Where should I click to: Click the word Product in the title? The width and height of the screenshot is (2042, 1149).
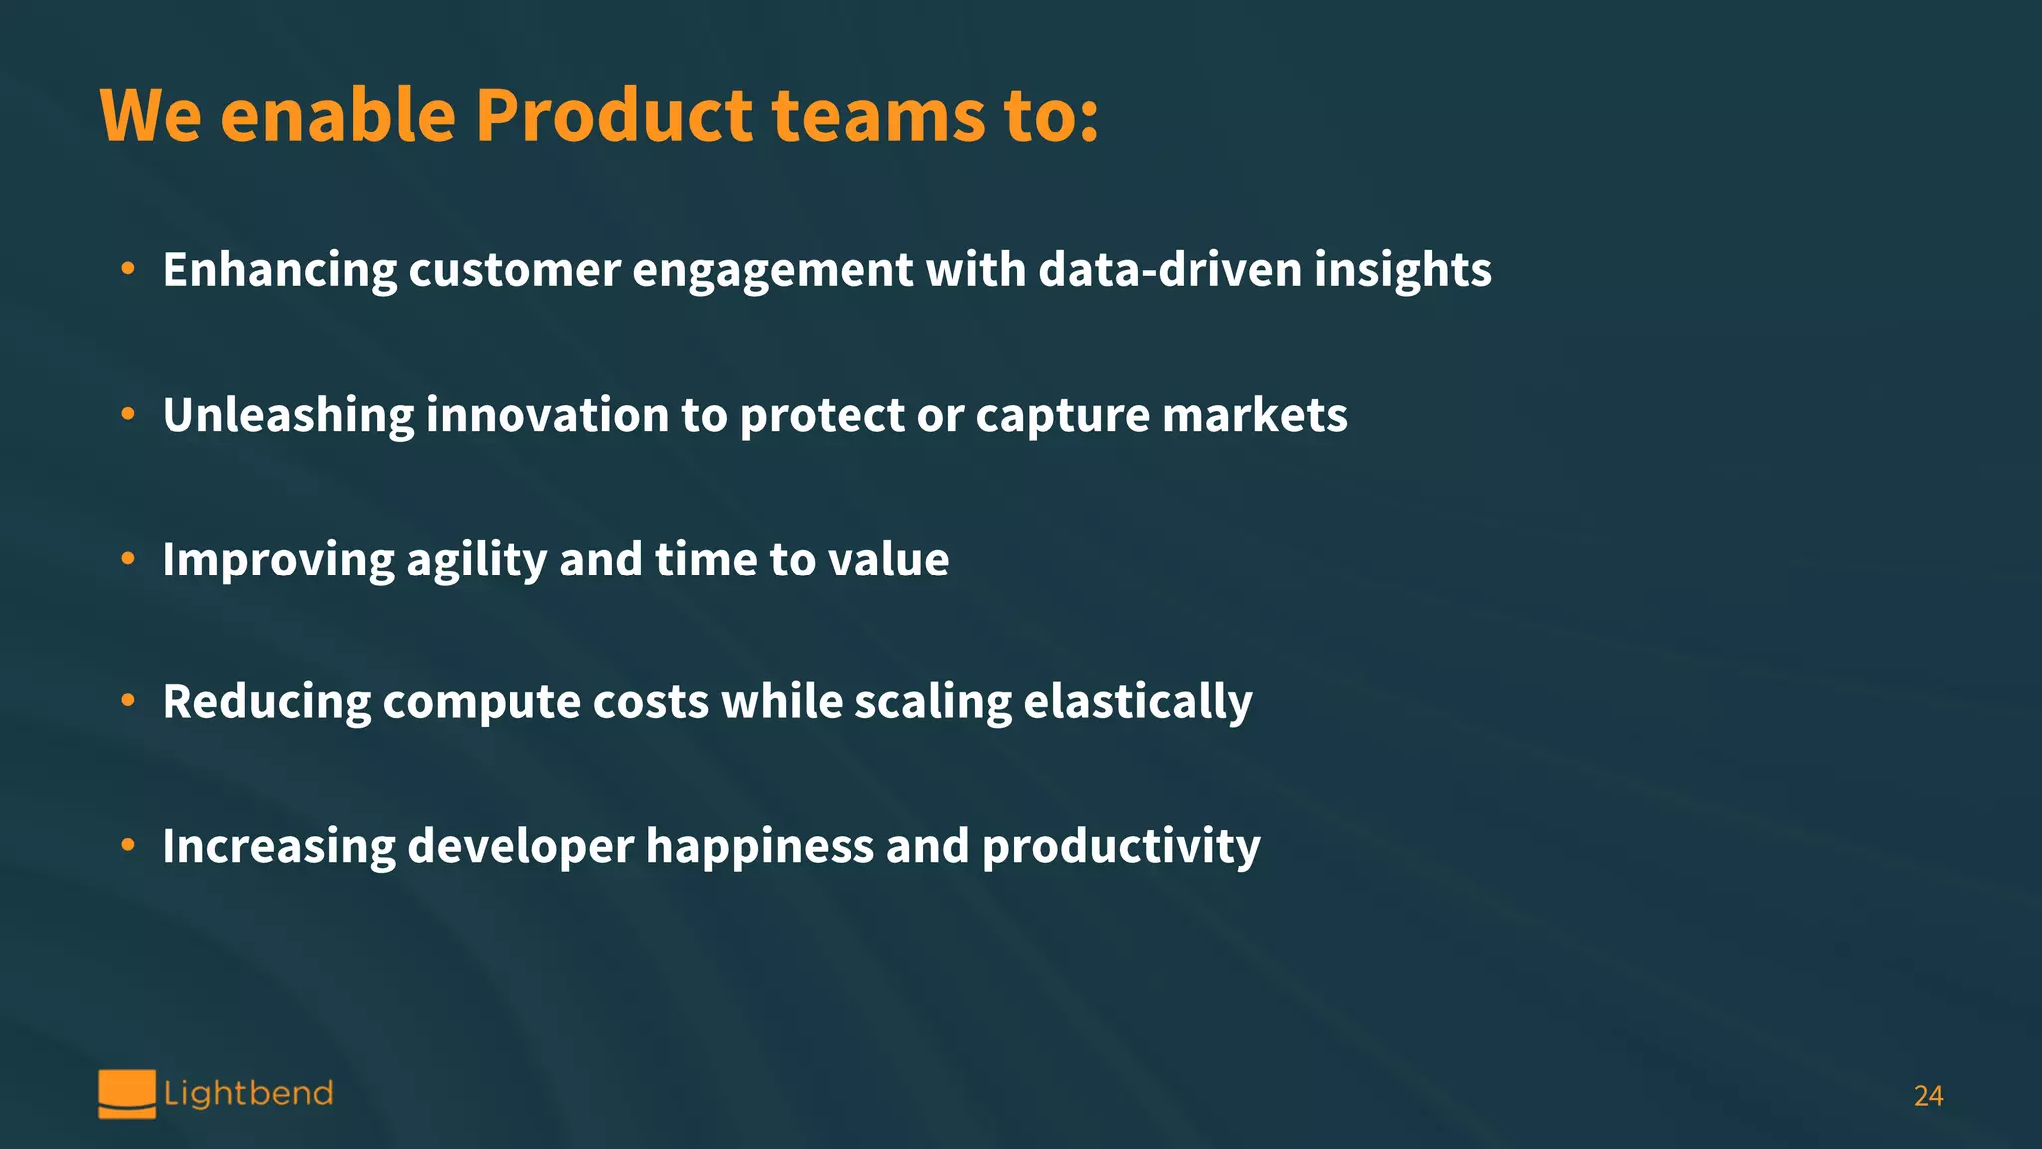coord(612,116)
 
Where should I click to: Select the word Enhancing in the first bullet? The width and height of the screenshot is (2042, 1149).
coord(279,271)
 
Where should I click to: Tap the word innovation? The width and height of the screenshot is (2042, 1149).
coord(547,415)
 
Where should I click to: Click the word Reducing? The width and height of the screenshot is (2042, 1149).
coord(266,702)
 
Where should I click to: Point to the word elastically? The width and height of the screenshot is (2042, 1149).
coord(1138,702)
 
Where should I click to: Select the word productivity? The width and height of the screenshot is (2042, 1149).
coord(1121,847)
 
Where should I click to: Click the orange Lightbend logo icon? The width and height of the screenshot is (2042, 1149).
coord(127,1094)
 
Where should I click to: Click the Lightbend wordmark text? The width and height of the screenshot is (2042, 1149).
coord(248,1094)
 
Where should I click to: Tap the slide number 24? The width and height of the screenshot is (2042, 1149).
coord(1928,1096)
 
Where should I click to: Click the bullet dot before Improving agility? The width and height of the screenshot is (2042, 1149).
coord(128,559)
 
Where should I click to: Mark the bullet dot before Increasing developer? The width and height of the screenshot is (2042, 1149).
coord(128,845)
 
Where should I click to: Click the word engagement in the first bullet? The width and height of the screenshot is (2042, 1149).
coord(773,271)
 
